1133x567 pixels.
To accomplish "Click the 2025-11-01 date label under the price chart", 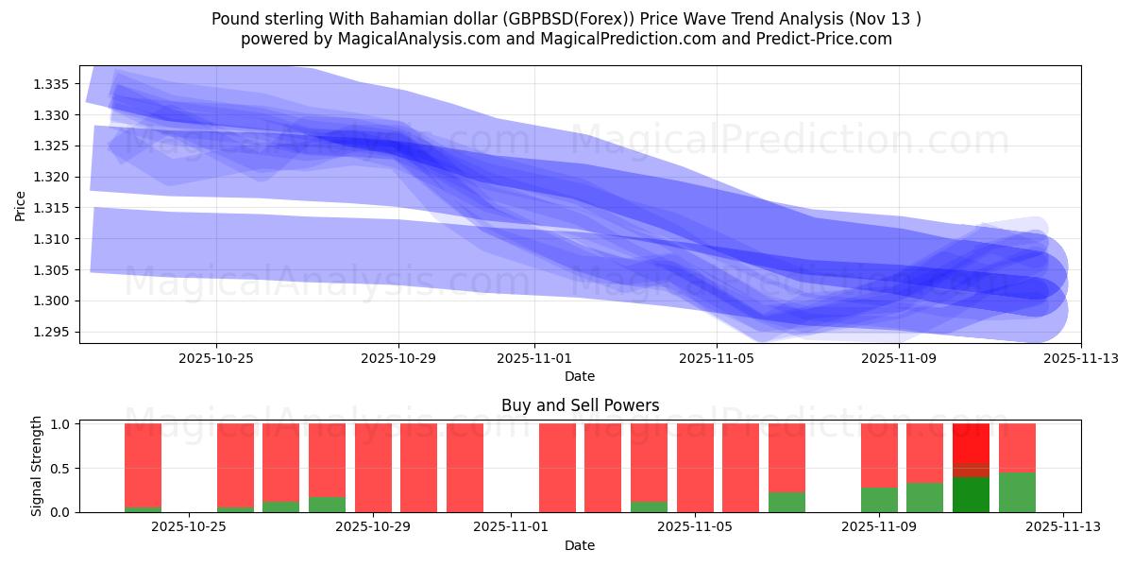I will (534, 358).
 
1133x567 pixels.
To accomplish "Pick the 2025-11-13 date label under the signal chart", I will (1063, 527).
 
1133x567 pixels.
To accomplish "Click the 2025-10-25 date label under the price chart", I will (216, 358).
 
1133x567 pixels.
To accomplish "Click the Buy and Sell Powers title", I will (580, 406).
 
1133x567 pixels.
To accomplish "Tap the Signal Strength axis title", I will (38, 466).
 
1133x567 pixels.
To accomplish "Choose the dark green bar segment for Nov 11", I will (971, 494).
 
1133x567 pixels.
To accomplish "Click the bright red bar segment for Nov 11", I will (971, 442).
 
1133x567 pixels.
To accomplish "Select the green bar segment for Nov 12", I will (1017, 492).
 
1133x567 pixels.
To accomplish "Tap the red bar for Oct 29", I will (373, 468).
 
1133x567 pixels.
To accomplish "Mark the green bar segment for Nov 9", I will (879, 500).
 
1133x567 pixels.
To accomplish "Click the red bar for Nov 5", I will (695, 468).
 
